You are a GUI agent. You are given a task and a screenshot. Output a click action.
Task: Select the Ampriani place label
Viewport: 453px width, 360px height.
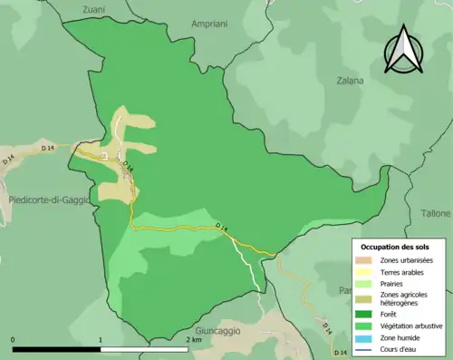pos(210,24)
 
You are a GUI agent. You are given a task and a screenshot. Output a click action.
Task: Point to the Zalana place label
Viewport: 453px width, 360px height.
pos(349,81)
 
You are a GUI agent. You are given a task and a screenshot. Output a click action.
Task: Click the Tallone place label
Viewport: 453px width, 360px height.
pos(435,213)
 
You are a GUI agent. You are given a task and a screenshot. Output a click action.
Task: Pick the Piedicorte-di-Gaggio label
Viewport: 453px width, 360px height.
pos(47,199)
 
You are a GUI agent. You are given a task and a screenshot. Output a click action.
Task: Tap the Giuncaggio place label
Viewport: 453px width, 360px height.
pos(217,332)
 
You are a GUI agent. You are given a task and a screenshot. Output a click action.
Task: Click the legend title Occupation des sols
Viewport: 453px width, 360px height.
pos(395,247)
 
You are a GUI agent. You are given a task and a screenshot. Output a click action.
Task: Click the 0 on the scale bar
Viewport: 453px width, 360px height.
pos(14,340)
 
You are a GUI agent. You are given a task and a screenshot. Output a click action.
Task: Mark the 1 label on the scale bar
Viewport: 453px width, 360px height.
pos(101,340)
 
